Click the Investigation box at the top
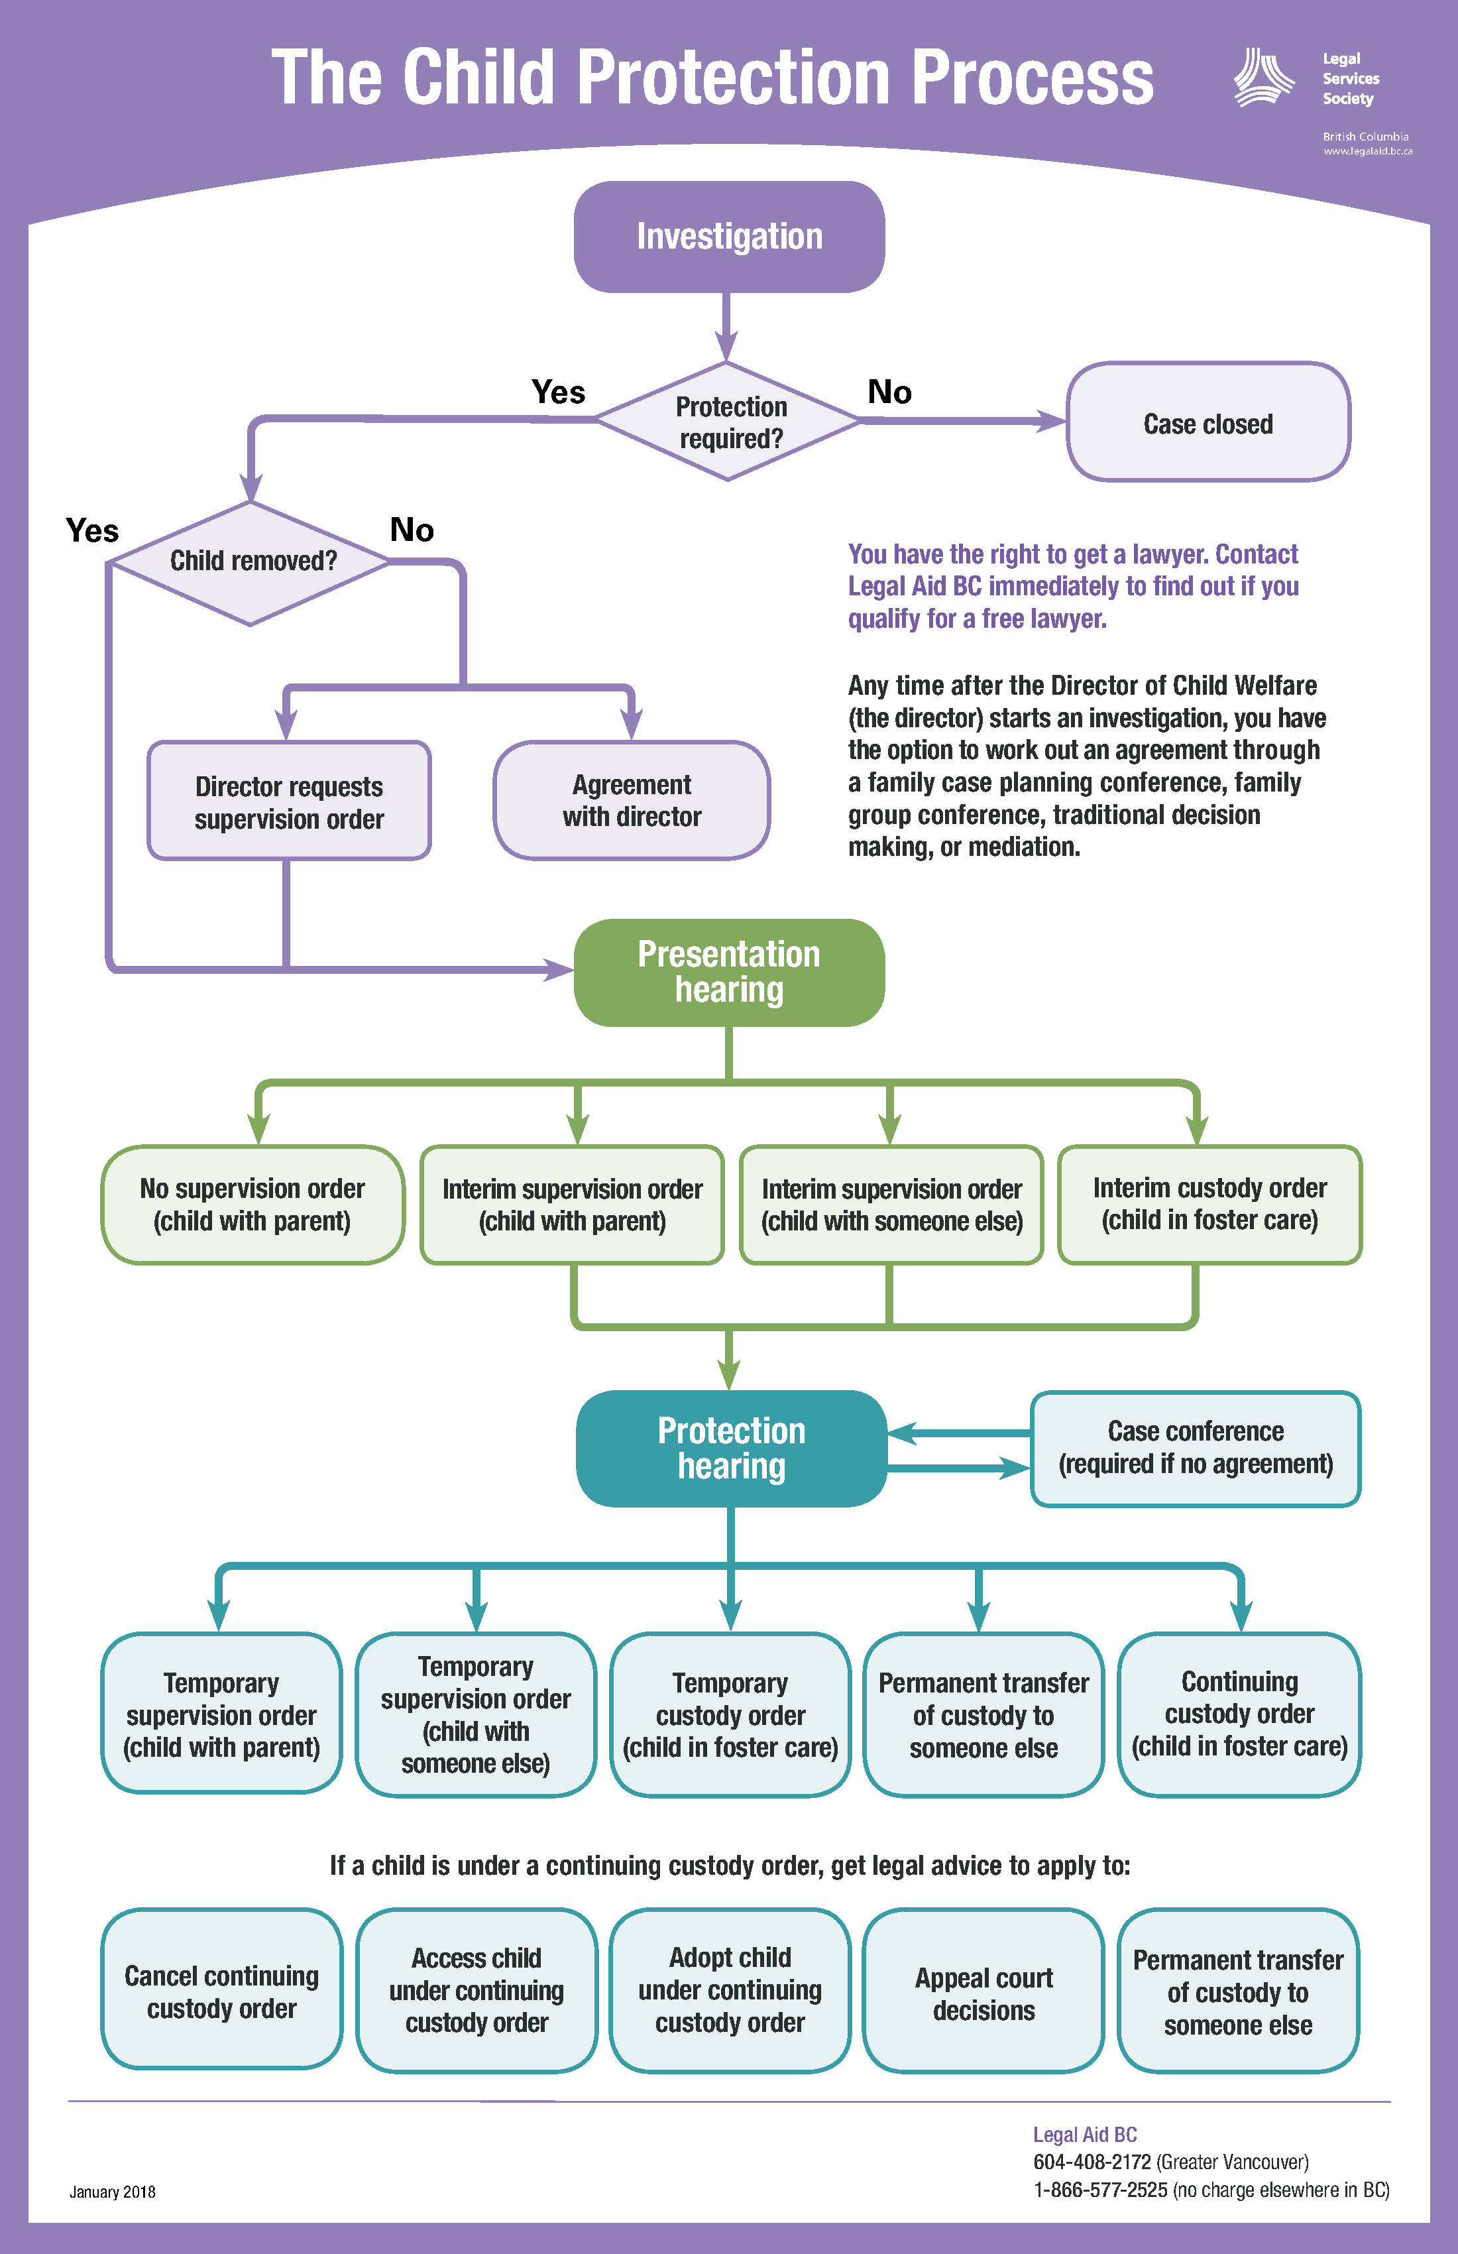click(729, 237)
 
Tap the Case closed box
click(1208, 422)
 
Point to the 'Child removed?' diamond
click(251, 562)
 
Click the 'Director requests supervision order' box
click(289, 801)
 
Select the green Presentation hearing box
click(729, 972)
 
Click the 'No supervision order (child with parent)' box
click(252, 1204)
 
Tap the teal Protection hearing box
click(731, 1448)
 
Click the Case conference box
click(1195, 1448)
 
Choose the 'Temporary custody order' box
click(730, 1714)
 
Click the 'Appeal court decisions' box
click(983, 1993)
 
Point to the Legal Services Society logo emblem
click(1263, 78)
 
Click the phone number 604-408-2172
click(1092, 2162)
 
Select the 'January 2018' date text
click(112, 2192)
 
